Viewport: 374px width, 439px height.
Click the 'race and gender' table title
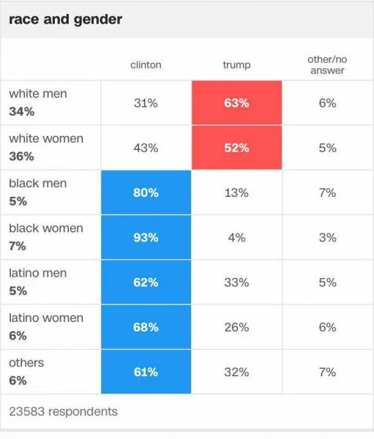pyautogui.click(x=65, y=20)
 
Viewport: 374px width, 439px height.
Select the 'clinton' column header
pyautogui.click(x=146, y=65)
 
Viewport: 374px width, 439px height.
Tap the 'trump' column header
pyautogui.click(x=236, y=65)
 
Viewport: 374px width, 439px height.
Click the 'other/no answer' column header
pyautogui.click(x=326, y=65)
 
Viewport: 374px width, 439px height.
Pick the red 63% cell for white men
pyautogui.click(x=236, y=103)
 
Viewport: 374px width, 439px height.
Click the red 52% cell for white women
pyautogui.click(x=236, y=148)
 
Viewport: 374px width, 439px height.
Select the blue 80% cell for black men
pyautogui.click(x=146, y=193)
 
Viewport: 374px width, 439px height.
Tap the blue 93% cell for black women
pyautogui.click(x=146, y=238)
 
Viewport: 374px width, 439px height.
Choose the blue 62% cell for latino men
pyautogui.click(x=146, y=282)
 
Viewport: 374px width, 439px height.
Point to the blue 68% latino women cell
pyautogui.click(x=146, y=327)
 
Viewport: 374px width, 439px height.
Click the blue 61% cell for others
pyautogui.click(x=146, y=372)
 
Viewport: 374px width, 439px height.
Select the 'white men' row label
pyautogui.click(x=38, y=94)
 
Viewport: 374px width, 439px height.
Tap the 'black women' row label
pyautogui.click(x=46, y=228)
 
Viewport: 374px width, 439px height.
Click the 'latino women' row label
pyautogui.click(x=46, y=318)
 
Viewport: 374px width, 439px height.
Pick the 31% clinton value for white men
pyautogui.click(x=146, y=103)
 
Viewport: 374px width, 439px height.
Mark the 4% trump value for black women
pyautogui.click(x=236, y=238)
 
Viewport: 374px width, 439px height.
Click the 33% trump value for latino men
pyautogui.click(x=236, y=282)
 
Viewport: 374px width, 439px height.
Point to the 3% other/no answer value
pyautogui.click(x=326, y=238)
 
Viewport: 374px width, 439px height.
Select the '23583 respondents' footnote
pyautogui.click(x=63, y=412)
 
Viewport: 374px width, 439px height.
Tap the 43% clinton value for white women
pyautogui.click(x=146, y=148)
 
